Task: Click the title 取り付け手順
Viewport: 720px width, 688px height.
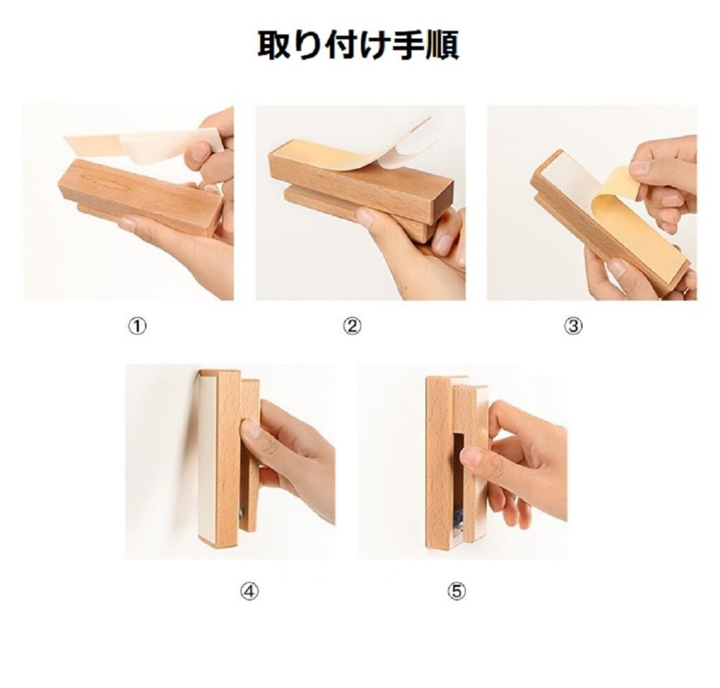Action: tap(358, 46)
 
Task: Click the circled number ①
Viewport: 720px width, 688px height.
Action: tap(137, 326)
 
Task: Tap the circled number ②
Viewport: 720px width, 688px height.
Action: tap(352, 326)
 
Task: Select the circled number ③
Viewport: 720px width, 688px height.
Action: tap(573, 326)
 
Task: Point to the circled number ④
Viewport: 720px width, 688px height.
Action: tap(249, 592)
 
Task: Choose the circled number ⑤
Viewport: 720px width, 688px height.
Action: tap(456, 592)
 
